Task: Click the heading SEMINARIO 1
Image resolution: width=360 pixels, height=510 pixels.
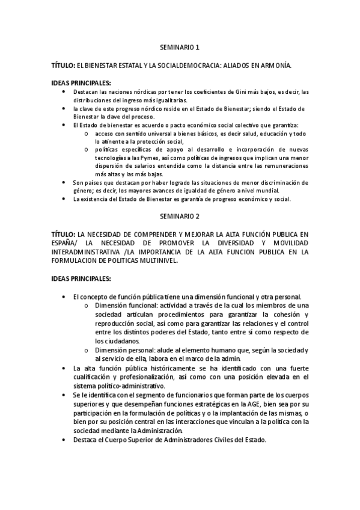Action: [180, 46]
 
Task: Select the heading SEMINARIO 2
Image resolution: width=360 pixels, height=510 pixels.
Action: [180, 215]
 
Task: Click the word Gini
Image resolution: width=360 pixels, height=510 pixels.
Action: [252, 91]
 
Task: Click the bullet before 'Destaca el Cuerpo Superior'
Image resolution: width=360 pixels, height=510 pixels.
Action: [64, 440]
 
